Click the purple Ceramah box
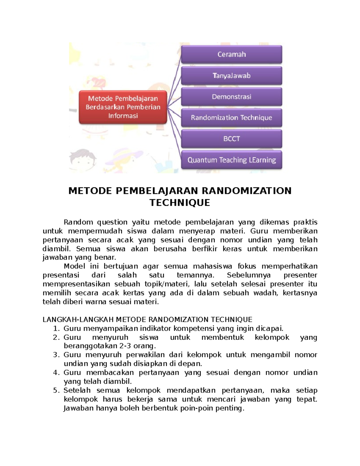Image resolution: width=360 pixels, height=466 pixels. coord(231,54)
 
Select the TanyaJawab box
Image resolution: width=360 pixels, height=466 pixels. coord(231,76)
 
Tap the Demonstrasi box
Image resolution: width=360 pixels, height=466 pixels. coord(231,97)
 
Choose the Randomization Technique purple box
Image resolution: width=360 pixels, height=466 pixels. coord(231,118)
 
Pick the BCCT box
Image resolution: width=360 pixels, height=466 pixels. coord(231,139)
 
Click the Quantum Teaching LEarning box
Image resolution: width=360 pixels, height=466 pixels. coord(231,160)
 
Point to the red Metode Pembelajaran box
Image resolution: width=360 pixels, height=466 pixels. coord(123,107)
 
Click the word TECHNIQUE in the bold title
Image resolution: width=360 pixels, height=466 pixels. coord(180,203)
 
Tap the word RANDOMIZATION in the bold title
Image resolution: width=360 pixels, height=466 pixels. coord(246,191)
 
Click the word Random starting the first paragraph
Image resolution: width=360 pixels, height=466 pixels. coord(78,222)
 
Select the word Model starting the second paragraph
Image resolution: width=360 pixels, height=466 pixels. coord(74,266)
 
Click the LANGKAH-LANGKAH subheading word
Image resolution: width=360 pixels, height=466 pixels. coord(78,319)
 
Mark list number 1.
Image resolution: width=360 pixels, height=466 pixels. coord(56,328)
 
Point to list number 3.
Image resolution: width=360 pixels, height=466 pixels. coord(56,355)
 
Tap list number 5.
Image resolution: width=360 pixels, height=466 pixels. coord(56,390)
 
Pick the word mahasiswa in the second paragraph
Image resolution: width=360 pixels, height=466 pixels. coord(212,266)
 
